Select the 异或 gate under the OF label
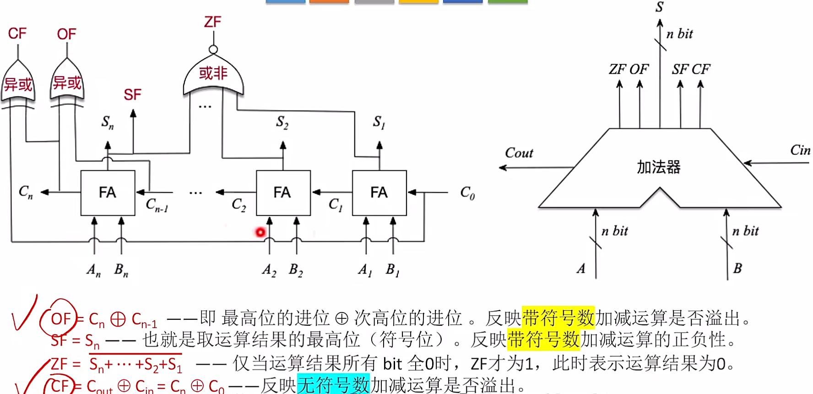pyautogui.click(x=67, y=83)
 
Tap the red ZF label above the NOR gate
pyautogui.click(x=212, y=22)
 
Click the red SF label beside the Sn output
pyautogui.click(x=132, y=95)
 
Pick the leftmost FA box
pyautogui.click(x=108, y=193)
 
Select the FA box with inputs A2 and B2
pyautogui.click(x=283, y=193)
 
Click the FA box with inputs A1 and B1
pyautogui.click(x=379, y=193)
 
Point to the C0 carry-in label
pyautogui.click(x=467, y=193)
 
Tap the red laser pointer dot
pyautogui.click(x=260, y=232)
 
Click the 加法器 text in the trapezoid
pyautogui.click(x=659, y=167)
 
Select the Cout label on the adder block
pyautogui.click(x=519, y=153)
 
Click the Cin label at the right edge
pyautogui.click(x=800, y=150)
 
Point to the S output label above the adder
pyautogui.click(x=659, y=7)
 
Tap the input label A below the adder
pyautogui.click(x=581, y=268)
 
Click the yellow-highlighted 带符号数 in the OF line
pyautogui.click(x=558, y=317)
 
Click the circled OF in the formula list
pyautogui.click(x=61, y=319)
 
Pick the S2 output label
pyautogui.click(x=282, y=122)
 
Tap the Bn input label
pyautogui.click(x=121, y=270)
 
